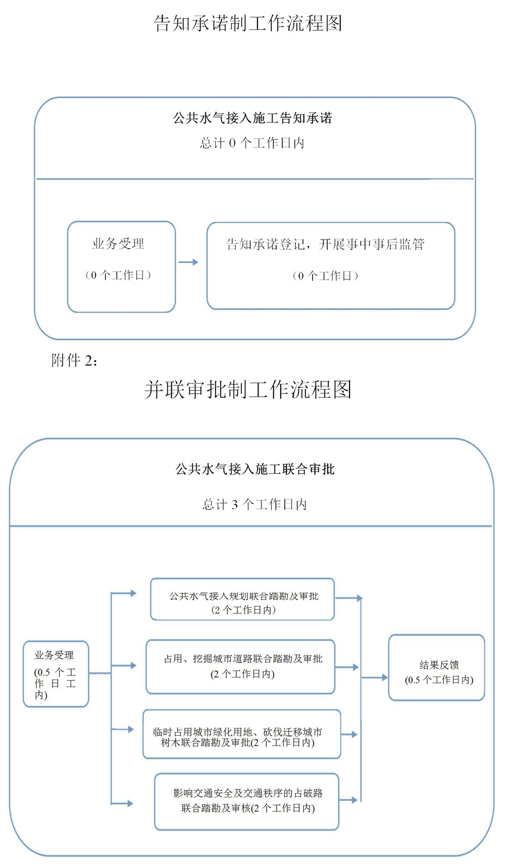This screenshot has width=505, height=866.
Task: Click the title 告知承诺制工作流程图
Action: [248, 23]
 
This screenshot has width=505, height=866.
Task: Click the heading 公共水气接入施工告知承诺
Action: [252, 118]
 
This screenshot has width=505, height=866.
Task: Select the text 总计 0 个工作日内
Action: [252, 143]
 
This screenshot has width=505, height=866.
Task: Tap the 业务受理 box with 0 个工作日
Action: [121, 266]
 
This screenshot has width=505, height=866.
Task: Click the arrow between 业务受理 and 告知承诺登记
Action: [188, 262]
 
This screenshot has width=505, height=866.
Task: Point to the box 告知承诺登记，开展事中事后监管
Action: [331, 266]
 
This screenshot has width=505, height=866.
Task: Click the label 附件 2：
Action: [74, 360]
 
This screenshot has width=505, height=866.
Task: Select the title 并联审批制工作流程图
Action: [247, 390]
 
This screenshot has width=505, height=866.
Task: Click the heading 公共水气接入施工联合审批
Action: [255, 469]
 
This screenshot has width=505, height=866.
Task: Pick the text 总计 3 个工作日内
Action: [255, 504]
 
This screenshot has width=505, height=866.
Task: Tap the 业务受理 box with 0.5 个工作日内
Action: [56, 673]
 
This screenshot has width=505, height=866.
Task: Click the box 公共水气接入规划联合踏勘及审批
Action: [243, 599]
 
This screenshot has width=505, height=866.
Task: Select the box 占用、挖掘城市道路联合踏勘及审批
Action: [241, 666]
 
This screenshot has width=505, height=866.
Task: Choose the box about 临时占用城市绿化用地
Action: [242, 734]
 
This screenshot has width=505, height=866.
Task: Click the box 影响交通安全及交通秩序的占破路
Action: [246, 801]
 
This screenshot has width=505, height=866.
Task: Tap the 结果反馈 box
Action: [436, 667]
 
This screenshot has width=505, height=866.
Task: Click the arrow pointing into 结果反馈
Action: [375, 678]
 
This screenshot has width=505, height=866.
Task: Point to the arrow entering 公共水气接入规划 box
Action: [124, 593]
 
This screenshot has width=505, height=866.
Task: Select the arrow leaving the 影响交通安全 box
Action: [348, 800]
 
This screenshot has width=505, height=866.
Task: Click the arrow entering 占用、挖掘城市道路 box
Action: [124, 665]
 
